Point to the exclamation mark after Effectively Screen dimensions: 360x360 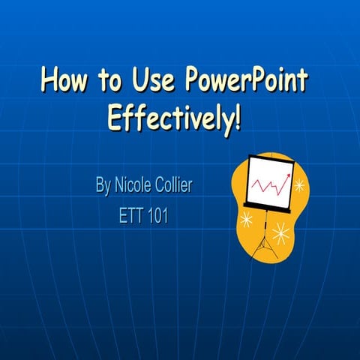coord(238,117)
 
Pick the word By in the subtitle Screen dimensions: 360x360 coord(103,185)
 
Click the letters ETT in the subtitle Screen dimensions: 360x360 coord(131,217)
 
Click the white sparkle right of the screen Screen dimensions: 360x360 coord(300,184)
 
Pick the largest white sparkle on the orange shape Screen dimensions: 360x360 coord(282,233)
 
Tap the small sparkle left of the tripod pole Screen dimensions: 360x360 coord(246,218)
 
